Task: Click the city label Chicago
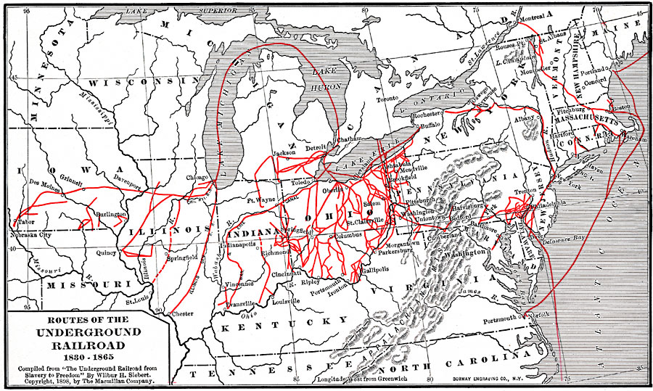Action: [197, 177]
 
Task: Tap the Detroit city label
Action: [316, 148]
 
